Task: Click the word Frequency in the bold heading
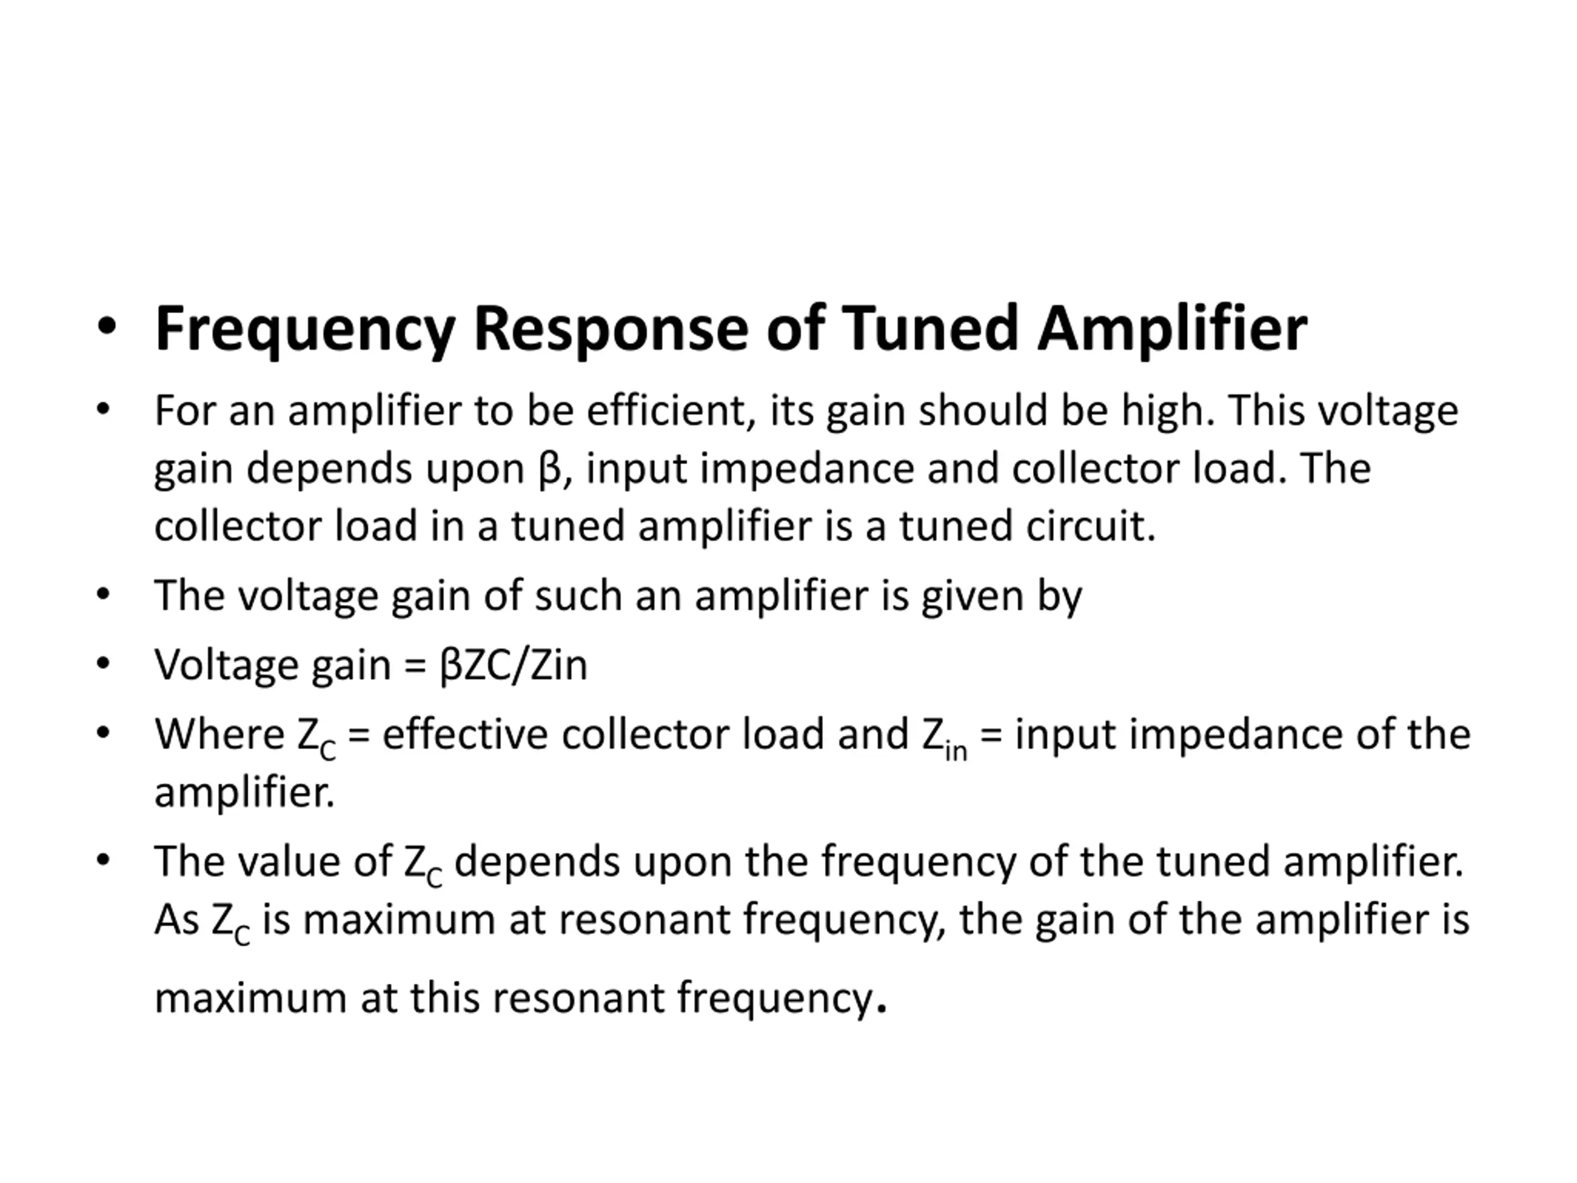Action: [304, 329]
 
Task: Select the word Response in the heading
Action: [610, 329]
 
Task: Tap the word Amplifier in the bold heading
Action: [1171, 329]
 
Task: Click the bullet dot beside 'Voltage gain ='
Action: [104, 663]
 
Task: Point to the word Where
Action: [219, 734]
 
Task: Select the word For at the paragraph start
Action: [184, 412]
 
